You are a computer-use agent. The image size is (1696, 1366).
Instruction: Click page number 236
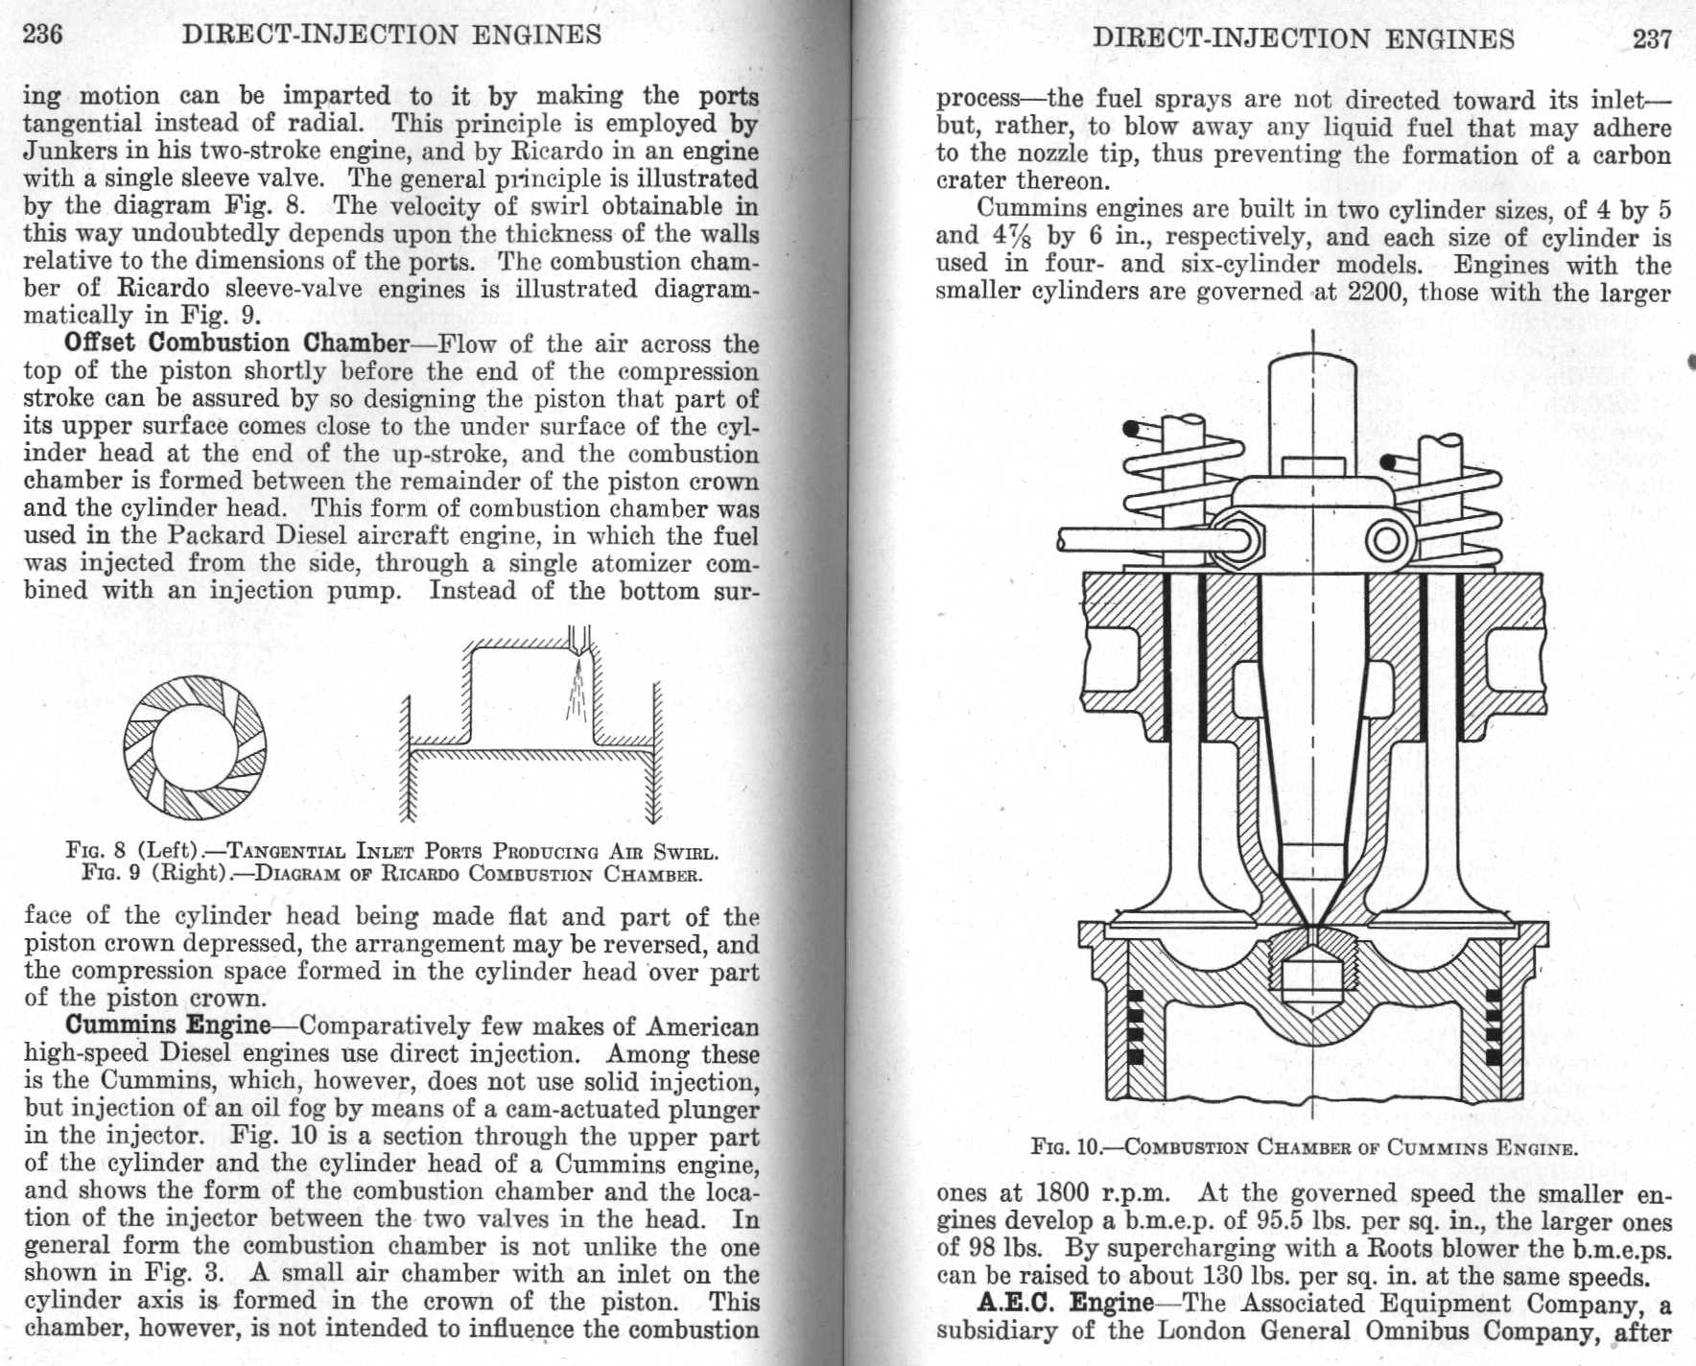click(43, 35)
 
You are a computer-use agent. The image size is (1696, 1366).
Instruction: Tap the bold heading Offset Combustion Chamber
click(236, 343)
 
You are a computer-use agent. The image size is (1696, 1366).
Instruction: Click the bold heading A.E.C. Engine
click(1065, 1303)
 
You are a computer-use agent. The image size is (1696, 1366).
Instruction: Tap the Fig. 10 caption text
click(1304, 1147)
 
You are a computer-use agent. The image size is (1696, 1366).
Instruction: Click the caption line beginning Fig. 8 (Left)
click(391, 851)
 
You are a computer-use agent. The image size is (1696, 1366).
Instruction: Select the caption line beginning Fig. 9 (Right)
click(391, 874)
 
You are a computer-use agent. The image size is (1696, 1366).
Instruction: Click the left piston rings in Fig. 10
click(1136, 1026)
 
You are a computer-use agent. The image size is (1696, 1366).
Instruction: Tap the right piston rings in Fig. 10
click(1493, 1026)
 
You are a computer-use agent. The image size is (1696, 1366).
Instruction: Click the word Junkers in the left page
click(64, 152)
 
